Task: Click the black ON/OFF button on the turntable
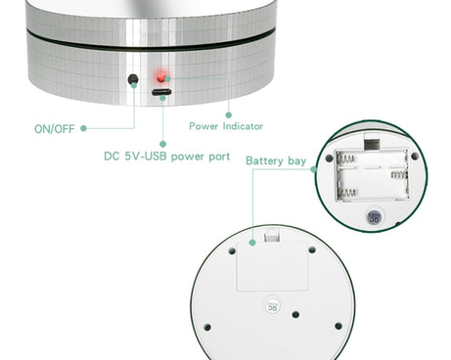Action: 133,79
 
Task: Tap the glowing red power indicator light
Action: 160,78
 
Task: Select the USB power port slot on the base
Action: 161,92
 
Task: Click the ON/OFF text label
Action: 55,129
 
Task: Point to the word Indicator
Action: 243,126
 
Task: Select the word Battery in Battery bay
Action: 264,160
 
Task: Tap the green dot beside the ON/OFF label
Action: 83,128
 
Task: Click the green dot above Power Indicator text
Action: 229,114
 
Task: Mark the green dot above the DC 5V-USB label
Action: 162,144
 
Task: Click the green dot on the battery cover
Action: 252,243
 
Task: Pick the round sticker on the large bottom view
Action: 273,305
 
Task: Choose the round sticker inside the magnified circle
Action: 375,217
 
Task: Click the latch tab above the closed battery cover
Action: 272,235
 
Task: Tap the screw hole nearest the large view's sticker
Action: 295,315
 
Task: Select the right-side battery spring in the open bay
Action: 399,175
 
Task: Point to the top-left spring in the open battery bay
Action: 345,158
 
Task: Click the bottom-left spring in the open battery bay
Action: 347,193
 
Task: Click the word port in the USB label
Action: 219,157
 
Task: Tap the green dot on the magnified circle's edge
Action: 314,169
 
